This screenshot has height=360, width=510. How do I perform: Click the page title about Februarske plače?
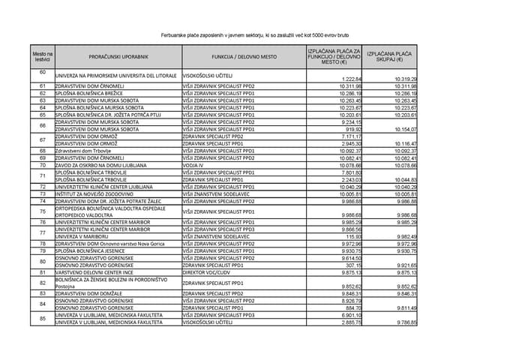(x=254, y=35)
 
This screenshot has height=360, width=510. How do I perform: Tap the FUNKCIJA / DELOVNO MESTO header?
(x=244, y=56)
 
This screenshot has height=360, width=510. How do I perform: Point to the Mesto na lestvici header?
(x=43, y=56)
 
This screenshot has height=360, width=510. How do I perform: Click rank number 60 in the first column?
(x=43, y=72)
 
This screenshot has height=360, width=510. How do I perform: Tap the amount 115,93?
(x=354, y=236)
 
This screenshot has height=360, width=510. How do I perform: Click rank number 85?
(x=43, y=318)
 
